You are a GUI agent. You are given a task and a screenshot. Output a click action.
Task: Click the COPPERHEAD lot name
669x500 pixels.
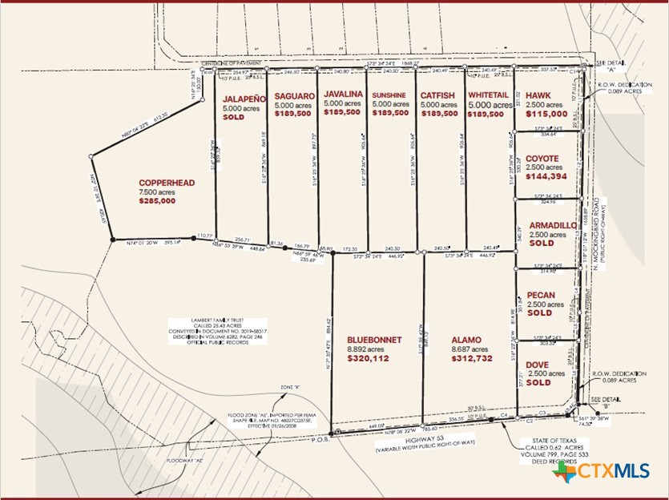[167, 183]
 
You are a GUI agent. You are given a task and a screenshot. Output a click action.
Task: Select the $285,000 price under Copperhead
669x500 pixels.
[156, 201]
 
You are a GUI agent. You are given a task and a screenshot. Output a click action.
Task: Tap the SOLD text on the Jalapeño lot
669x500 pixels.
[233, 116]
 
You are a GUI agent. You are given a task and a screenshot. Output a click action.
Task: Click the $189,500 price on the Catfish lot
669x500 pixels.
[439, 114]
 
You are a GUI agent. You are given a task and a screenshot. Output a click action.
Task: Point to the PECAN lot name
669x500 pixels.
[541, 295]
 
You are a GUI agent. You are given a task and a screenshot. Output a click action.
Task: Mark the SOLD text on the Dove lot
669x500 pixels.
[539, 383]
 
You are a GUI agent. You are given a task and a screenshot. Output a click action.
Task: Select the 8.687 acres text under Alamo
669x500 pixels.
[468, 349]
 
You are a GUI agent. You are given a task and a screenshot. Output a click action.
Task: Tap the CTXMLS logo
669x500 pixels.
[601, 472]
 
